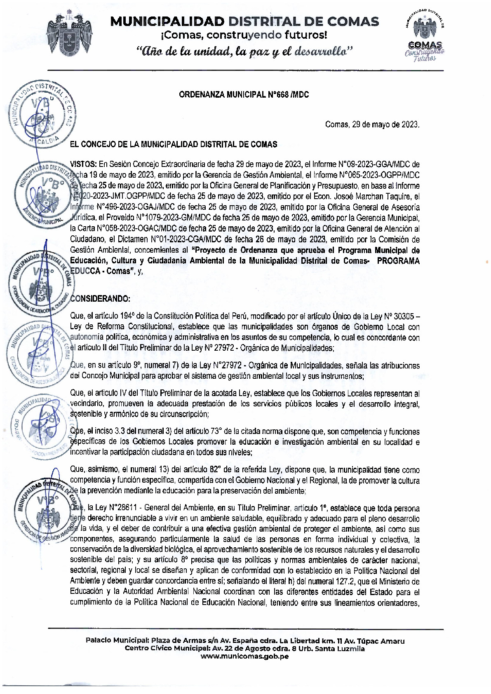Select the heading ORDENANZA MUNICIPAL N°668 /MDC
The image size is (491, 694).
pyautogui.click(x=244, y=95)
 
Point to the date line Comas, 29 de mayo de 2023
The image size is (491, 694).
pyautogui.click(x=372, y=124)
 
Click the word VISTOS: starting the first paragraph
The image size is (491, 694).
pyautogui.click(x=83, y=164)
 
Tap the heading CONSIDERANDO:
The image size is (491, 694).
pyautogui.click(x=100, y=298)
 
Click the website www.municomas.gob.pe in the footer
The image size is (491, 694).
pyautogui.click(x=244, y=656)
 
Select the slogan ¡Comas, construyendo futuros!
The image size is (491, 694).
pyautogui.click(x=244, y=35)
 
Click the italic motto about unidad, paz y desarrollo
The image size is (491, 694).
pyautogui.click(x=244, y=52)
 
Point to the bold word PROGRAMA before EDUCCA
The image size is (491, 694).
pyautogui.click(x=398, y=261)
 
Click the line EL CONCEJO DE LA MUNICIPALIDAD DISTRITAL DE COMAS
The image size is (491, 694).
pyautogui.click(x=174, y=144)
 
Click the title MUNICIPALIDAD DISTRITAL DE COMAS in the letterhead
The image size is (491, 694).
pyautogui.click(x=244, y=21)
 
